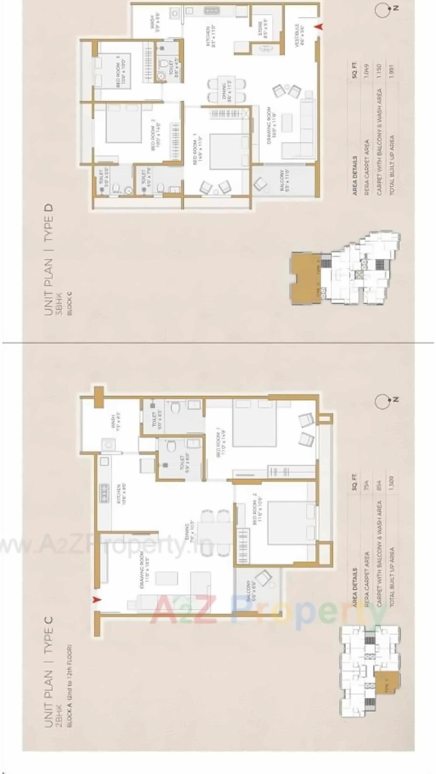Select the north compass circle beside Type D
point(382,10)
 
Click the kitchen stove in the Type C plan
point(103,493)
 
